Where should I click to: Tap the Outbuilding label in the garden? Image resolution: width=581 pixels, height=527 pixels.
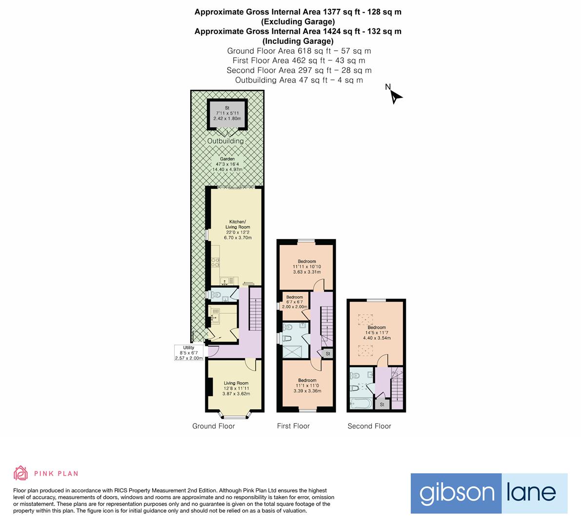pyautogui.click(x=225, y=141)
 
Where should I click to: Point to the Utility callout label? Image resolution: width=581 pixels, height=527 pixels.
pyautogui.click(x=188, y=353)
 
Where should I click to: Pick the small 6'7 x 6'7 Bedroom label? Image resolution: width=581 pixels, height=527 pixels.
pyautogui.click(x=295, y=299)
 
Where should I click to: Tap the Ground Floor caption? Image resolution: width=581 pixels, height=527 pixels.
pyautogui.click(x=213, y=426)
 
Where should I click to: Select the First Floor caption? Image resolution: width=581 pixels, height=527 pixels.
pyautogui.click(x=293, y=426)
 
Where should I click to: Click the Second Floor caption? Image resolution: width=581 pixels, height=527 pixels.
pyautogui.click(x=369, y=426)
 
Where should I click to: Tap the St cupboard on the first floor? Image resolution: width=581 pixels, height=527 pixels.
pyautogui.click(x=328, y=353)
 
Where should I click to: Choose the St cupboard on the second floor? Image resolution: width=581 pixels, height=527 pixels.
pyautogui.click(x=382, y=405)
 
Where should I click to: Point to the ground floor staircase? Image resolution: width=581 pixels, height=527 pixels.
pyautogui.click(x=256, y=308)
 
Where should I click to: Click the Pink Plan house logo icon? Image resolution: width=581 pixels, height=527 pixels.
pyautogui.click(x=21, y=473)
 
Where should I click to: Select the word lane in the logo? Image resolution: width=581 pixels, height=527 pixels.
pyautogui.click(x=534, y=493)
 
